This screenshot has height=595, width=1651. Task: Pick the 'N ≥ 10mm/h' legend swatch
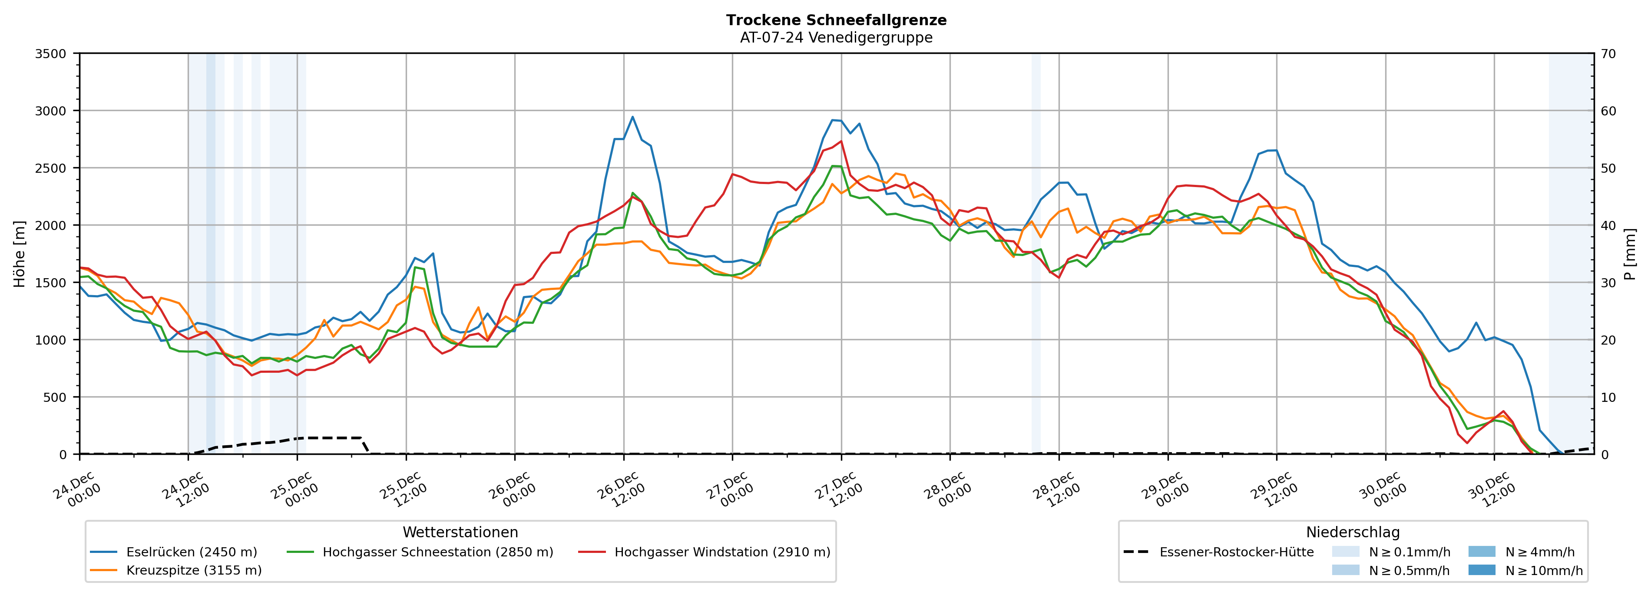(x=1481, y=570)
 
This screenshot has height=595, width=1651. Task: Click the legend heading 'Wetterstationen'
(x=460, y=532)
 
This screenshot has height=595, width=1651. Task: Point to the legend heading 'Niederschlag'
(x=1352, y=532)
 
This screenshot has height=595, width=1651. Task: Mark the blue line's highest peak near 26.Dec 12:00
(x=632, y=117)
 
